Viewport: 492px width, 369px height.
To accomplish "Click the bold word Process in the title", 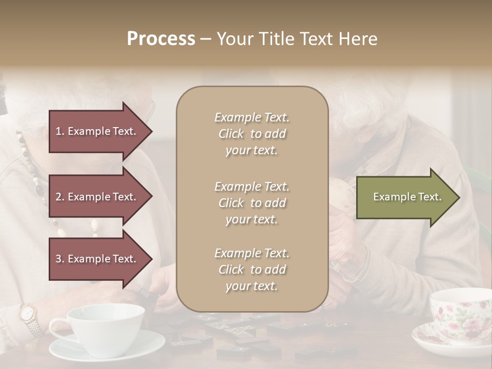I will tap(161, 39).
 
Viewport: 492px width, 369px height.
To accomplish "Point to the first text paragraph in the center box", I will tap(252, 134).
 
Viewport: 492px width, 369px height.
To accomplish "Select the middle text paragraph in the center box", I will tap(252, 203).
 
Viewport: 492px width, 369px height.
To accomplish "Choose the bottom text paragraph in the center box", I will tap(252, 270).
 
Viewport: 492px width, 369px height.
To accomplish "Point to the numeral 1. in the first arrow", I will tap(60, 131).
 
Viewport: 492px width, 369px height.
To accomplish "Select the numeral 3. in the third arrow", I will tap(60, 259).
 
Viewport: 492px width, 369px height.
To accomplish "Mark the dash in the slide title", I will tap(206, 39).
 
